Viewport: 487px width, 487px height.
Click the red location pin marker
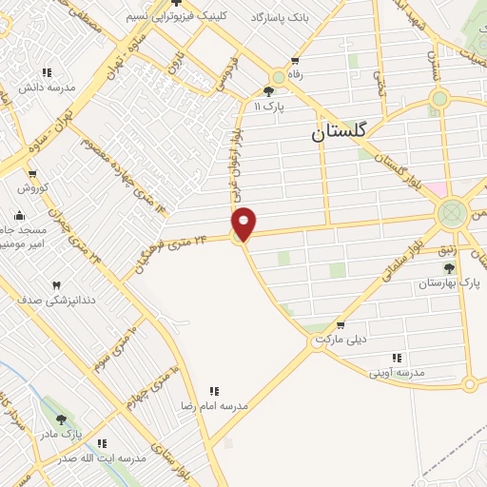[x=244, y=223]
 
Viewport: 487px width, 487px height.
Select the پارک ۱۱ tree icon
[x=268, y=91]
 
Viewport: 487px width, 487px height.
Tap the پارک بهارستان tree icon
[x=449, y=269]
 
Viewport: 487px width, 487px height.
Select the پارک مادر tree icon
[x=62, y=419]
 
